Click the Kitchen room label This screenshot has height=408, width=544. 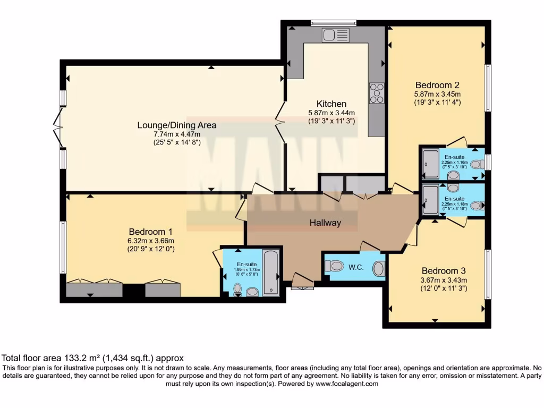(331, 104)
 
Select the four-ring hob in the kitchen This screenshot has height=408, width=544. (377, 93)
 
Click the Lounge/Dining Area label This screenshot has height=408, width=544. (177, 125)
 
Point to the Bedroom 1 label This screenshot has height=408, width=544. (151, 232)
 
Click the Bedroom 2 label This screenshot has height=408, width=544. (437, 85)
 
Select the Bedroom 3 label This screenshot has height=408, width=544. (444, 270)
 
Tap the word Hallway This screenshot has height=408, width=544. (325, 223)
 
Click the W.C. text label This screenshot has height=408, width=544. (356, 267)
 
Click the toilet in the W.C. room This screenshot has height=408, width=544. (336, 265)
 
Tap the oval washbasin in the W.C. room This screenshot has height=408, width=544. (378, 269)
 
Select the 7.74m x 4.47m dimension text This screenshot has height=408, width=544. (177, 134)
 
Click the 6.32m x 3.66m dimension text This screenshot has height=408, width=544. (151, 240)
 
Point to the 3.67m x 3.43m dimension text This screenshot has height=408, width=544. (444, 280)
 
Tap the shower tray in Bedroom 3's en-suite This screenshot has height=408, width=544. (430, 200)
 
